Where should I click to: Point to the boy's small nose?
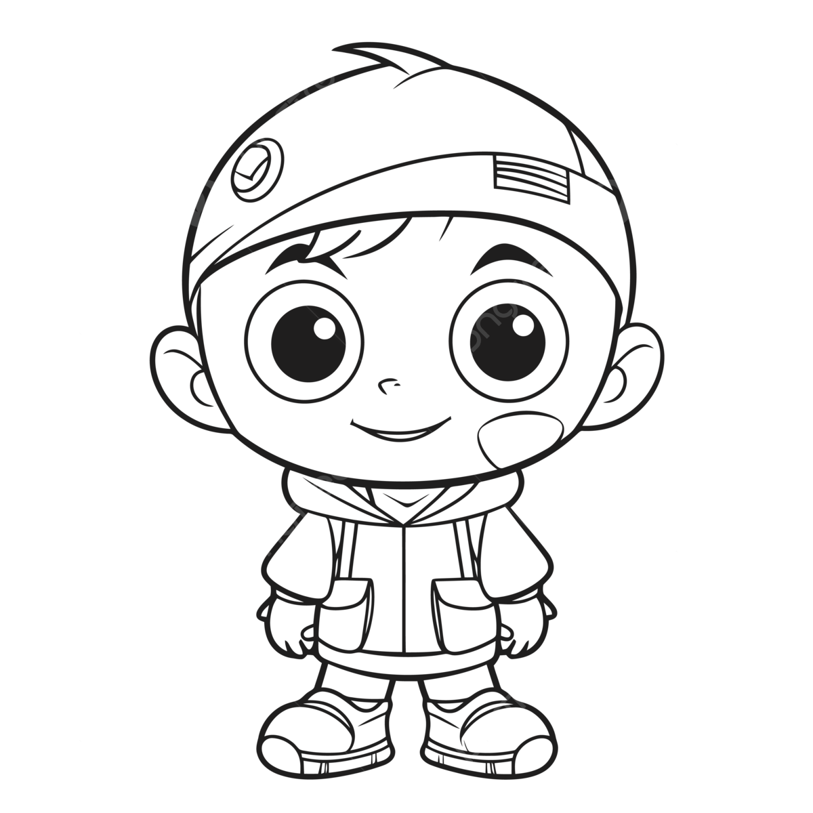point(387,388)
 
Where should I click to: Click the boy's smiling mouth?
point(400,429)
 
